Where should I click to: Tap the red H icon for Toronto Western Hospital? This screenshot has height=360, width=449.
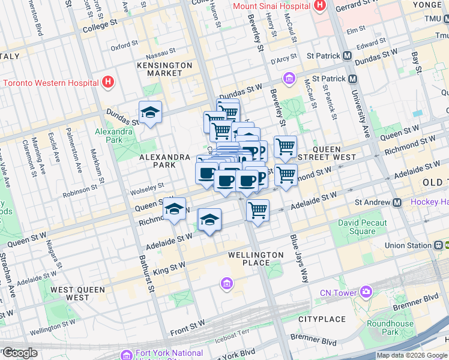tap(108, 82)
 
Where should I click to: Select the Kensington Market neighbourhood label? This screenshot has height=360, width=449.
tap(164, 69)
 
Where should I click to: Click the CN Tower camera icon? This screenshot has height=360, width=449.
tap(366, 292)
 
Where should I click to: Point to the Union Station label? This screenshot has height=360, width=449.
tap(408, 245)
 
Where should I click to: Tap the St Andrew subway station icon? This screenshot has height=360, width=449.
tap(397, 203)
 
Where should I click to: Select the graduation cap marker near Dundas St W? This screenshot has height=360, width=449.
tap(150, 112)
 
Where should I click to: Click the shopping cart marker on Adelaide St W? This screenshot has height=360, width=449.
tap(258, 211)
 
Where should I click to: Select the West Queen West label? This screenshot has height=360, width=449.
tap(77, 293)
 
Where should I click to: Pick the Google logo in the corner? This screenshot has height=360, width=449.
tap(20, 353)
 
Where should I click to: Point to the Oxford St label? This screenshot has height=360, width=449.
tap(124, 46)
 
